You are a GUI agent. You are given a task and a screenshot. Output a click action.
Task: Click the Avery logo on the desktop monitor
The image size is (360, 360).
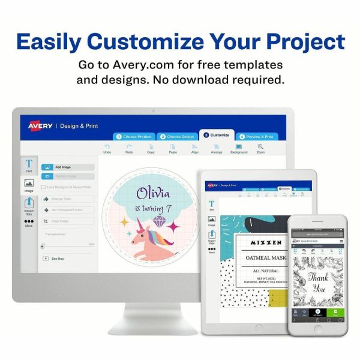tap(40, 125)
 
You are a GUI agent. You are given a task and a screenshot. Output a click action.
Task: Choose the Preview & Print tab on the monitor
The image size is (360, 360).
tap(257, 136)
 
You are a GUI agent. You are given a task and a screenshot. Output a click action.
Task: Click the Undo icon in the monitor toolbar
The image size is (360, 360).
tap(107, 147)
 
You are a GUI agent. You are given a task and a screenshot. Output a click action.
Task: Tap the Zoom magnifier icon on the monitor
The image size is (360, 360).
tap(260, 147)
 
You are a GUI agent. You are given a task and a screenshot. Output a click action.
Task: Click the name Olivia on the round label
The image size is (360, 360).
tap(153, 193)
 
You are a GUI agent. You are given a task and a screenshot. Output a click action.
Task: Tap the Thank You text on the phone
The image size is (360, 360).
tap(317, 281)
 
